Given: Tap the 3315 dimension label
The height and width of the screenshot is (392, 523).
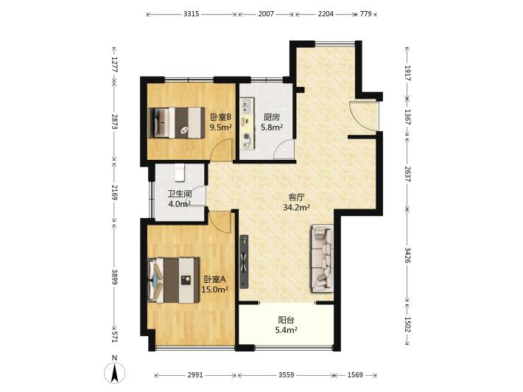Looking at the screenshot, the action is pyautogui.click(x=192, y=14).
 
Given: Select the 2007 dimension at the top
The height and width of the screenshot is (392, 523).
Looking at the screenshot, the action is pyautogui.click(x=266, y=14).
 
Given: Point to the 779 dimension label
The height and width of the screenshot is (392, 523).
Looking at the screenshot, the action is pyautogui.click(x=365, y=14).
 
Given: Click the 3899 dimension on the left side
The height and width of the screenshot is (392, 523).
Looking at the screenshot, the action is pyautogui.click(x=114, y=277).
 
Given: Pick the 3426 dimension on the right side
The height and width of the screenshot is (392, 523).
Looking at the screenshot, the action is pyautogui.click(x=407, y=254).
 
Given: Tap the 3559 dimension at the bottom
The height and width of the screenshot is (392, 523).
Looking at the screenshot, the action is pyautogui.click(x=287, y=374).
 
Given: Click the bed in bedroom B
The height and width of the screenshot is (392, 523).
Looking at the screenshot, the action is pyautogui.click(x=177, y=122).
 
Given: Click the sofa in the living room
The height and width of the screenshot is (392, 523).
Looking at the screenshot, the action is pyautogui.click(x=322, y=259).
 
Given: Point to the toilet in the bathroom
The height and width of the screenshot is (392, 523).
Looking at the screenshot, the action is pyautogui.click(x=180, y=172).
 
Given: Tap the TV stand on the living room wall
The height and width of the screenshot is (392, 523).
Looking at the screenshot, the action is pyautogui.click(x=245, y=261).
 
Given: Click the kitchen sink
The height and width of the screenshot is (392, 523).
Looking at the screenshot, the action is pyautogui.click(x=247, y=106).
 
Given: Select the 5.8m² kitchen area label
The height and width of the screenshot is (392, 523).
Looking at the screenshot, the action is pyautogui.click(x=272, y=127).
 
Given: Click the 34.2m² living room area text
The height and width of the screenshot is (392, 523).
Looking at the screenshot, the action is pyautogui.click(x=297, y=208).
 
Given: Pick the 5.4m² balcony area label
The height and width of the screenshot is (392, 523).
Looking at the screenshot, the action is pyautogui.click(x=287, y=330).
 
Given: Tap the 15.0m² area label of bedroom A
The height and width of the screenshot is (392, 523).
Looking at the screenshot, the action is pyautogui.click(x=215, y=290).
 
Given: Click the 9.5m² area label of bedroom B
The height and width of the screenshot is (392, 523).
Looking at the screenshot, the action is pyautogui.click(x=220, y=127).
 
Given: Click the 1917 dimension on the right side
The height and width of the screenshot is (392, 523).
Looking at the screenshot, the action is pyautogui.click(x=407, y=73).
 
